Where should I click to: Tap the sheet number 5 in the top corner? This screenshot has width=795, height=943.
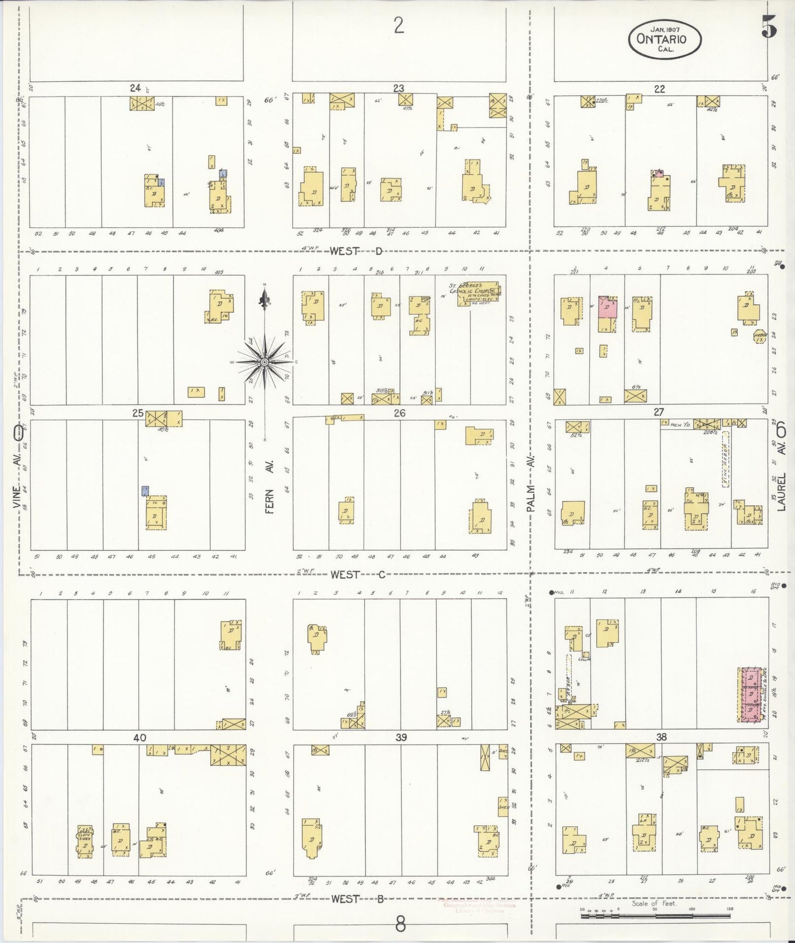(x=769, y=26)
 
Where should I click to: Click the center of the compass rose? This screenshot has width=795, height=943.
(x=265, y=362)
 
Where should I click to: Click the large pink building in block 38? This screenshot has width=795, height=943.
(x=749, y=694)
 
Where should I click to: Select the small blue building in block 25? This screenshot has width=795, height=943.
(x=145, y=491)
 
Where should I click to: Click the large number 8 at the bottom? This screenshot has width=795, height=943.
(x=400, y=924)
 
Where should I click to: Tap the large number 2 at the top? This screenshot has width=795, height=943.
(x=399, y=25)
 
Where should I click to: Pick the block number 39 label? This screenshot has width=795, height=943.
(x=401, y=737)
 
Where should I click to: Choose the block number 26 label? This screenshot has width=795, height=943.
(x=399, y=413)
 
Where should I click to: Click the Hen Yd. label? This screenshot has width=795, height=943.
(x=676, y=424)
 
